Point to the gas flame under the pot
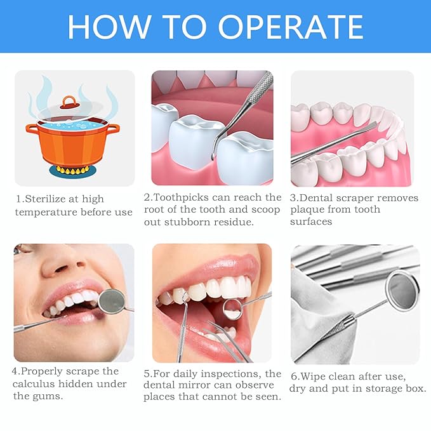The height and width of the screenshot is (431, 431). (x=71, y=170)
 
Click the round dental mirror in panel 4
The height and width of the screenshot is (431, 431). (x=112, y=301)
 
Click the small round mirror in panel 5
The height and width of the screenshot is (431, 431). (x=232, y=309)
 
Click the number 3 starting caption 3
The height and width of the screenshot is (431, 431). (x=293, y=198)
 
